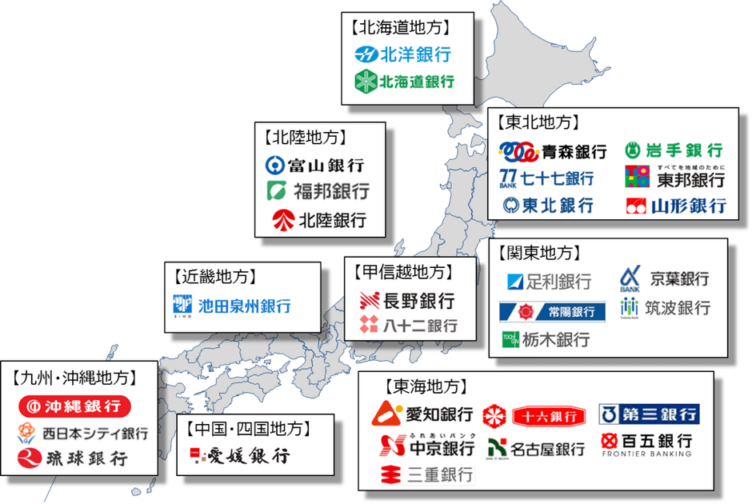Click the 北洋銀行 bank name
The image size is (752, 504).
[415, 55]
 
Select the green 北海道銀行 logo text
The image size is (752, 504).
[416, 81]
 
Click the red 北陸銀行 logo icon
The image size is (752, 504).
[282, 218]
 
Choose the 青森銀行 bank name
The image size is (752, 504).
[574, 150]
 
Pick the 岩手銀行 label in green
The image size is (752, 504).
[686, 150]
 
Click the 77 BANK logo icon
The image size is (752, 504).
[509, 178]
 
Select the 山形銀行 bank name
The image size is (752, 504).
[689, 206]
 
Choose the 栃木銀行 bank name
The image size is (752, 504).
[557, 339]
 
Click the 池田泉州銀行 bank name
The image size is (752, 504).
[243, 306]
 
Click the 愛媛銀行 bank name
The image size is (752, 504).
[248, 457]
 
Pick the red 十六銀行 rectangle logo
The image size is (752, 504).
[550, 416]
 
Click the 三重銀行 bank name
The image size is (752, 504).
[439, 474]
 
